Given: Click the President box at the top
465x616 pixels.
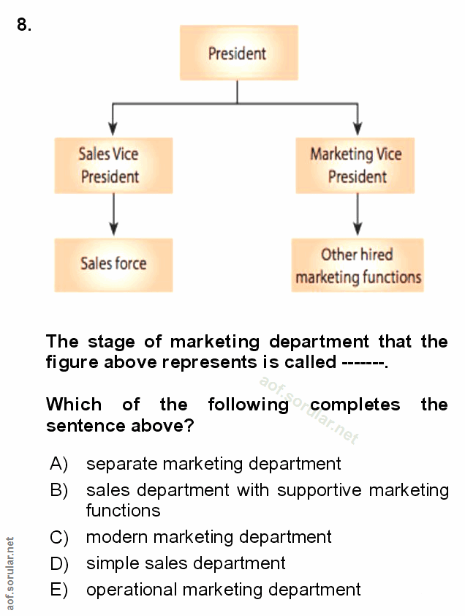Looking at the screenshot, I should pyautogui.click(x=238, y=53).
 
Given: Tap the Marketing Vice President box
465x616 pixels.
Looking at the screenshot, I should pyautogui.click(x=356, y=165).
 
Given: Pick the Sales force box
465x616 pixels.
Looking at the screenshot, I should pyautogui.click(x=113, y=264).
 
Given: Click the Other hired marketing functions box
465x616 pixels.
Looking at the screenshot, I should pyautogui.click(x=358, y=266).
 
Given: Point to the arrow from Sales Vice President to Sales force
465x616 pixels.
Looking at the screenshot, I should pyautogui.click(x=113, y=215).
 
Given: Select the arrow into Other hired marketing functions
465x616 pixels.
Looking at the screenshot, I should pyautogui.click(x=357, y=215).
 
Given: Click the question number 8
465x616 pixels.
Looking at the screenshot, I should pyautogui.click(x=24, y=26).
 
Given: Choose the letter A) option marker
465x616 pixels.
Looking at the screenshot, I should pyautogui.click(x=58, y=464).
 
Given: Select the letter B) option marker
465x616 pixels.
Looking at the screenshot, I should pyautogui.click(x=58, y=490).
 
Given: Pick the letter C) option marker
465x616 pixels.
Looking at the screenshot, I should pyautogui.click(x=58, y=538).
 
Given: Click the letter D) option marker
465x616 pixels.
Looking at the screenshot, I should pyautogui.click(x=58, y=563).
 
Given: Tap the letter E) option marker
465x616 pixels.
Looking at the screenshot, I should pyautogui.click(x=58, y=590).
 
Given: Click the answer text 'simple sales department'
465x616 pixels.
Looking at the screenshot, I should pyautogui.click(x=186, y=563).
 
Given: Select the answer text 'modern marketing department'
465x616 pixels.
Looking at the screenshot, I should pyautogui.click(x=208, y=537).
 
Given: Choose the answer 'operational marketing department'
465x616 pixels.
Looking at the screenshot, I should pyautogui.click(x=223, y=590).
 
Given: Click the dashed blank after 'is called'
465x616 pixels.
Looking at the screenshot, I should pyautogui.click(x=362, y=363).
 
